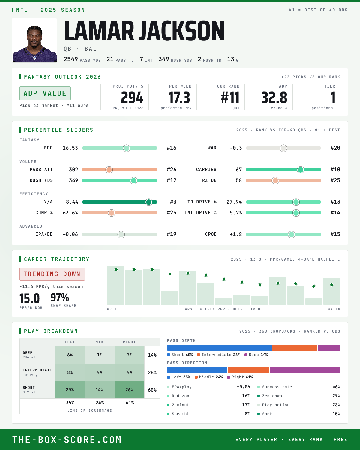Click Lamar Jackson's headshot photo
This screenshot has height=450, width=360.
tap(34, 40)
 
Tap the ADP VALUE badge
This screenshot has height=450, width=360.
tap(45, 93)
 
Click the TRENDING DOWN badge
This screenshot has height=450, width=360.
tap(52, 274)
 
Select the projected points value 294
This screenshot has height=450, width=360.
tap(132, 98)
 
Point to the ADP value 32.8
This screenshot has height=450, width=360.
tap(274, 98)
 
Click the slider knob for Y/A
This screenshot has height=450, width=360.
tap(149, 202)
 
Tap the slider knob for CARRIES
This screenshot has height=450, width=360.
tap(301, 170)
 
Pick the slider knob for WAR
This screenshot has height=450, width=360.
tap(283, 148)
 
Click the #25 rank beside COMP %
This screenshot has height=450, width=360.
tap(172, 213)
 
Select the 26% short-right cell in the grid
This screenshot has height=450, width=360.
tap(130, 390)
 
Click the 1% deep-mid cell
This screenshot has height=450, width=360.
tap(100, 355)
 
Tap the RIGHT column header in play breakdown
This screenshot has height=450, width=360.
tap(129, 342)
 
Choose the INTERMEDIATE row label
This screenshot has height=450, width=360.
tap(37, 370)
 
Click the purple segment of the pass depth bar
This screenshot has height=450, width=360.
tap(329, 348)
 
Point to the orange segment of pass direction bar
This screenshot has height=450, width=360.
tap(248, 370)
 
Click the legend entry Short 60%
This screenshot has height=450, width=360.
tap(180, 355)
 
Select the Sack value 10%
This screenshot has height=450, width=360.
tap(336, 414)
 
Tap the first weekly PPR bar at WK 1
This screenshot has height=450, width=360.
tap(116, 286)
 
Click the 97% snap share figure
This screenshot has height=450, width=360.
tap(60, 298)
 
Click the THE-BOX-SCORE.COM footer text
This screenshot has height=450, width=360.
tap(67, 439)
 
